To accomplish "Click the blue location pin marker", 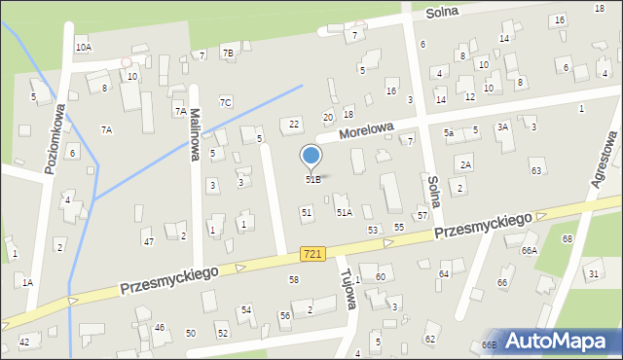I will [x=311, y=157].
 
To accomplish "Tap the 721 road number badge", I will [x=311, y=253].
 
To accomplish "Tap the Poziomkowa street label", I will [x=55, y=138].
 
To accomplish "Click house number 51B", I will [x=312, y=179].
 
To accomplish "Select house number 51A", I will [x=344, y=211].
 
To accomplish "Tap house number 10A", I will [x=83, y=47].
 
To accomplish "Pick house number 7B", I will [x=227, y=52].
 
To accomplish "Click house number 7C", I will [x=225, y=102].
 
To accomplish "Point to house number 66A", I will [x=529, y=250].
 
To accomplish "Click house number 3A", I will [x=502, y=126].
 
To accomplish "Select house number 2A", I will [x=465, y=164].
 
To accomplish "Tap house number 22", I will [x=293, y=124].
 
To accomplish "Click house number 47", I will [x=148, y=241].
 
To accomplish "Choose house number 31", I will [x=593, y=274].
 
